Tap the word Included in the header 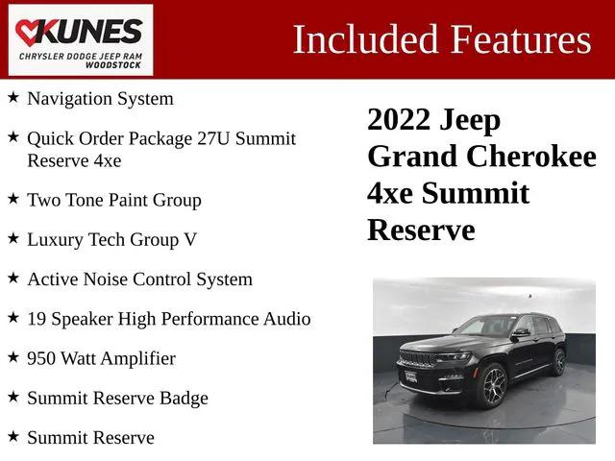tap(354, 39)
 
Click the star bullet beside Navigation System tap(12, 97)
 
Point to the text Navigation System tap(100, 98)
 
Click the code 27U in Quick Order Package tap(191, 138)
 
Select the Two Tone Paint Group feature tap(113, 200)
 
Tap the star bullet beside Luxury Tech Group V tap(12, 238)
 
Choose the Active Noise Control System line tap(139, 279)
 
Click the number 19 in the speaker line tap(37, 319)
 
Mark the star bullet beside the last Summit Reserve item tap(12, 437)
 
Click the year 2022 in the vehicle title tap(400, 120)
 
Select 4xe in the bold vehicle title tap(390, 193)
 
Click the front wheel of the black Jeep tap(491, 386)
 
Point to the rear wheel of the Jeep tap(559, 363)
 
